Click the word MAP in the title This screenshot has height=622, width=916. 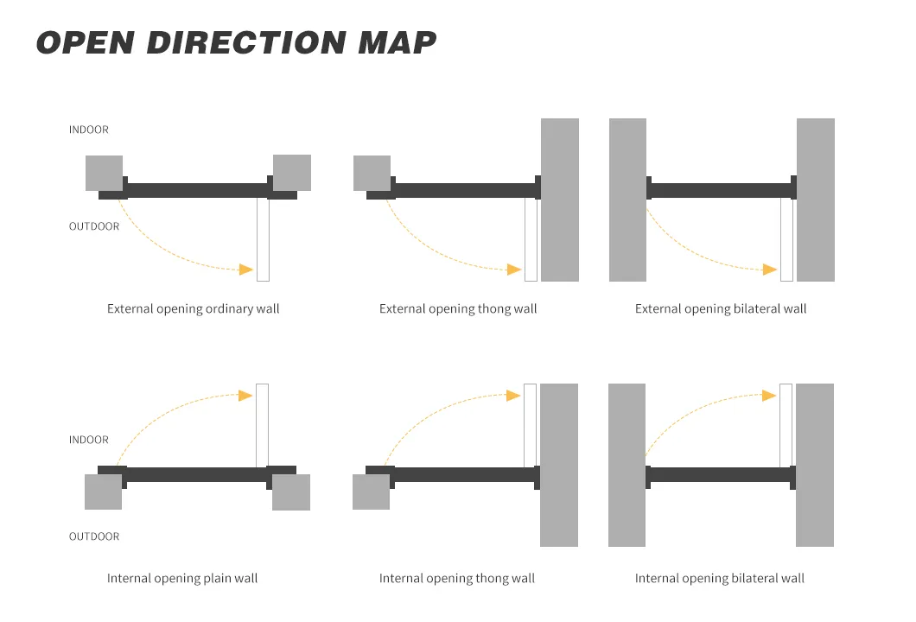click(397, 42)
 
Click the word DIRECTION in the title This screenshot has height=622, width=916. click(246, 42)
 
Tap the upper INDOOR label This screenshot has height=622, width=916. click(89, 130)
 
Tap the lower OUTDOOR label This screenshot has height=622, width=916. click(94, 536)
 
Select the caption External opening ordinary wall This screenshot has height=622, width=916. click(194, 308)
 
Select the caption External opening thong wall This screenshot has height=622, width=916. click(458, 308)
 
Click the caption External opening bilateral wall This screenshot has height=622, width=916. click(721, 308)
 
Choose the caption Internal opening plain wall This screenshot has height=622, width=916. click(182, 578)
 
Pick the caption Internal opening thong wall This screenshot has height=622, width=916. click(457, 578)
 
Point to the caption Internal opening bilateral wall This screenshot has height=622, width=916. click(720, 578)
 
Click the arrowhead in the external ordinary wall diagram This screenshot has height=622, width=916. click(246, 270)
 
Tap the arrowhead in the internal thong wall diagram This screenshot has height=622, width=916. click(513, 396)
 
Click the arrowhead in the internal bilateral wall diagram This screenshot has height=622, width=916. click(769, 396)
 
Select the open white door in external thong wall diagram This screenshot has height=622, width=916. click(531, 239)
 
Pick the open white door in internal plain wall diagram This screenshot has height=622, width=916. click(263, 425)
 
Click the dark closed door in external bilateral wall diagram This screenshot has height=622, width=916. click(722, 190)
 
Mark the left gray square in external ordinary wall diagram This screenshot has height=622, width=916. click(104, 173)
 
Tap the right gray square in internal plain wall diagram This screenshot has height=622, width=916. click(291, 492)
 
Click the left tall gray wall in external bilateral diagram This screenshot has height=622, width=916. click(627, 200)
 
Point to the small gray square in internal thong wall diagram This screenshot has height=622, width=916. click(371, 492)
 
